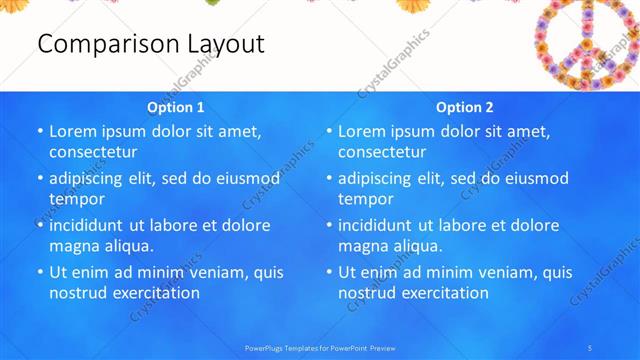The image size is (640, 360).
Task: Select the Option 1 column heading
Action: [x=176, y=107]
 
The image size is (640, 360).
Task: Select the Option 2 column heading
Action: [x=465, y=107]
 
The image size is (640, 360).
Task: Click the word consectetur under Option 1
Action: [x=93, y=152]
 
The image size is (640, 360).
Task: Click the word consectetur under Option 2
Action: [x=382, y=152]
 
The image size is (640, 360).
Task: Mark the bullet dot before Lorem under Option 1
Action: [x=40, y=131]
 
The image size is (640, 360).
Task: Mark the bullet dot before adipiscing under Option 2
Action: [x=329, y=178]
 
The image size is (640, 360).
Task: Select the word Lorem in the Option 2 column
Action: [x=363, y=131]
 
